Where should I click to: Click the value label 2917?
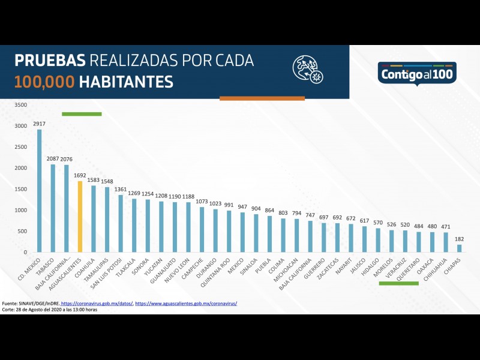(x=40, y=124)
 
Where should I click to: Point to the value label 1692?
(x=80, y=176)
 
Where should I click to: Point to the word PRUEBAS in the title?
(x=50, y=61)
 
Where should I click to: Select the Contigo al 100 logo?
(x=418, y=74)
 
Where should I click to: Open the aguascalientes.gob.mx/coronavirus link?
(x=186, y=304)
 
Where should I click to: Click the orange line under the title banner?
(x=262, y=98)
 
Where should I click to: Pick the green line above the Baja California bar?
(x=82, y=113)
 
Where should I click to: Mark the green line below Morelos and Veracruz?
(x=398, y=283)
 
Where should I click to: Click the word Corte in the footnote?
(x=9, y=310)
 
